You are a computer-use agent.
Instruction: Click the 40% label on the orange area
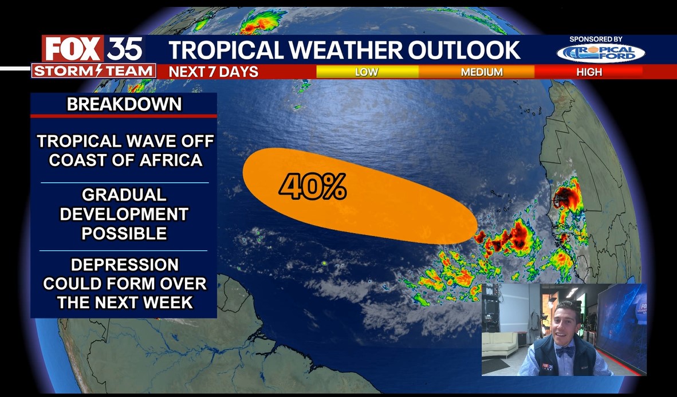tap(313, 187)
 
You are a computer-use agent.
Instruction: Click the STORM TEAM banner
tap(93, 71)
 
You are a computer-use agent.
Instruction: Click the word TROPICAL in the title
tap(226, 50)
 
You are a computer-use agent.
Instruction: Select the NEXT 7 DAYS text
tap(214, 72)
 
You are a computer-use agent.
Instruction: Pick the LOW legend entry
tap(367, 72)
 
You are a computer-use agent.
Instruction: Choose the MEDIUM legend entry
tap(482, 72)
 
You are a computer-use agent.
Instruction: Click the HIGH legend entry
tap(589, 72)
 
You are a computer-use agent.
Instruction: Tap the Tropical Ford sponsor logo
tap(601, 53)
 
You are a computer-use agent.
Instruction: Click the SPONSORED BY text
tap(596, 39)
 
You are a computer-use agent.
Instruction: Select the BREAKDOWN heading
tap(124, 104)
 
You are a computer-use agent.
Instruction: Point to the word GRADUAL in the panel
tap(124, 195)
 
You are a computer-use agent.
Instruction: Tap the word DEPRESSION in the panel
tap(125, 265)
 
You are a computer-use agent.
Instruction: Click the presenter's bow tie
tap(564, 351)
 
